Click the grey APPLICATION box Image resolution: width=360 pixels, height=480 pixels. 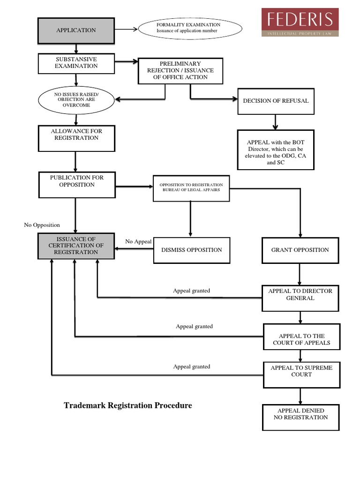pos(76,30)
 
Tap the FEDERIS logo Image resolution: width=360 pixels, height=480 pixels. pos(300,22)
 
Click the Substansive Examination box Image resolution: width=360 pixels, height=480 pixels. pos(76,63)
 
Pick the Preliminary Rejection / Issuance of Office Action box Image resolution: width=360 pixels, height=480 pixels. pos(180,71)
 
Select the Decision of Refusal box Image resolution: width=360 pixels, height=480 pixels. pos(275,101)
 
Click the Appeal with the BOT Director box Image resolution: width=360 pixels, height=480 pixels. pos(275,150)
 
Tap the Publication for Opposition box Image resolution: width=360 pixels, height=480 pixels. pos(77,185)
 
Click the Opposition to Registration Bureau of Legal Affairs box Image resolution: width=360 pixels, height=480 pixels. pos(191,188)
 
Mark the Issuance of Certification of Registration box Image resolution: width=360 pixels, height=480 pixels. pos(76,246)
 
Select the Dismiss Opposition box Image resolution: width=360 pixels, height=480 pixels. pos(191,250)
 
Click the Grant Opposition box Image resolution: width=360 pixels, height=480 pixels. pos(300,250)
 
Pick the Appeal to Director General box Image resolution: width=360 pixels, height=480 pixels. pos(300,298)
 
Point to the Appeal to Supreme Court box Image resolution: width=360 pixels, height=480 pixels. pos(301,375)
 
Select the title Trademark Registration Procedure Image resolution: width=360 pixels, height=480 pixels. pos(128,405)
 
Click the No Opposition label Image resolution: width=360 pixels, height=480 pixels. pos(42,225)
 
